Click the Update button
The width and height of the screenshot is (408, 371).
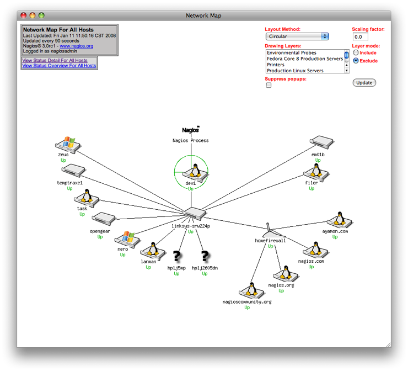pos(364,83)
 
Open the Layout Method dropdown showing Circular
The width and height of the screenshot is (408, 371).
pos(297,36)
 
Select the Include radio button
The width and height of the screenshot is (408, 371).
pos(356,53)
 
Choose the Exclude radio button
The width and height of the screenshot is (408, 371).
pos(356,61)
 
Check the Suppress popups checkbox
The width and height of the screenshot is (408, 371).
pos(269,86)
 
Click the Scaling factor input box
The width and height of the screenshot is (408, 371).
pos(361,37)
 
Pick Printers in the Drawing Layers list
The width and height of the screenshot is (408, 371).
pos(276,65)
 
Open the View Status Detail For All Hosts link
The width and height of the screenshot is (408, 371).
pos(55,60)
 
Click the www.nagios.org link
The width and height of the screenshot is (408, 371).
pos(77,46)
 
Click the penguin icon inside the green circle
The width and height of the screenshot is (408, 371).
pos(191,173)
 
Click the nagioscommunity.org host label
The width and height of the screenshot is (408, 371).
pos(247,302)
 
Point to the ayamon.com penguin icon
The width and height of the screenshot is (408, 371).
pos(336,220)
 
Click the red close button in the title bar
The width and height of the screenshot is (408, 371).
pos(23,16)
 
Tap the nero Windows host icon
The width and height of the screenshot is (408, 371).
pos(128,239)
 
